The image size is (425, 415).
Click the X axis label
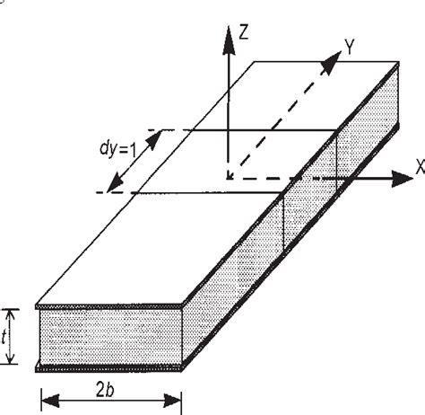click(x=419, y=165)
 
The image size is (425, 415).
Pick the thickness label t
click(x=9, y=339)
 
